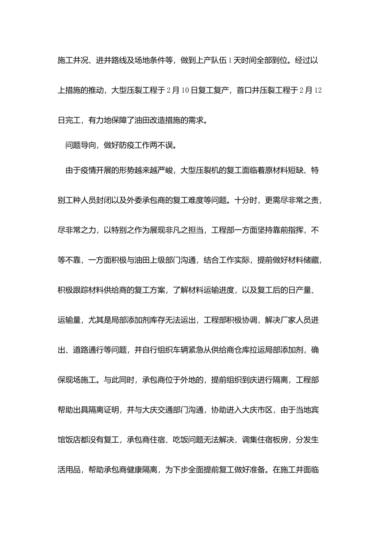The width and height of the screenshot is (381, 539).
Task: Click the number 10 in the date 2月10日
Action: pos(185,90)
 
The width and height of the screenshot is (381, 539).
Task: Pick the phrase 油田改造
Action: pos(146,120)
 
